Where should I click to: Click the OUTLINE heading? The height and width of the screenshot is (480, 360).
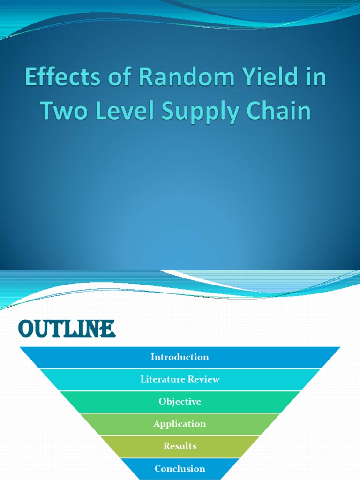[x=67, y=329]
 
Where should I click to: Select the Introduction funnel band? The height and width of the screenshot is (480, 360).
[x=180, y=357]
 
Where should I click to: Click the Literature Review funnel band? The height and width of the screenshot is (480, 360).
[x=180, y=379]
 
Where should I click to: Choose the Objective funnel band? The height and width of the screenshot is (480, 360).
[x=180, y=402]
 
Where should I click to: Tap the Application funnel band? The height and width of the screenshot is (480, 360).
[x=180, y=424]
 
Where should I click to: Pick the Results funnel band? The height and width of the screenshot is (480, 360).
[x=180, y=446]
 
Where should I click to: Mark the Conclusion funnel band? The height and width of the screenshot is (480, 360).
[x=180, y=468]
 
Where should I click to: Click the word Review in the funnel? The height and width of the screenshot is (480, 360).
[x=203, y=379]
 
